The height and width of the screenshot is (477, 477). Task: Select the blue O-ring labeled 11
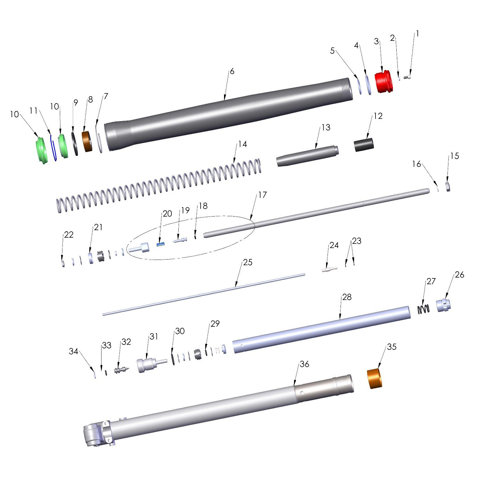[x=53, y=148]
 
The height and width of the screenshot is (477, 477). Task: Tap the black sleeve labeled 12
[x=364, y=145]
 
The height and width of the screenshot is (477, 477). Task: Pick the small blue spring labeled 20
[x=161, y=244]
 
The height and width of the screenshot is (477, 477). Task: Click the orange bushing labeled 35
[x=374, y=378]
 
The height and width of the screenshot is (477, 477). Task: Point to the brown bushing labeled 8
[x=87, y=142]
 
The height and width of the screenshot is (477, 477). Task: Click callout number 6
[x=232, y=71]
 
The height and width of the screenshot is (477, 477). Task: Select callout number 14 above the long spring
[x=243, y=144]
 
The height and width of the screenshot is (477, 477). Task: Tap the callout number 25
[x=248, y=262]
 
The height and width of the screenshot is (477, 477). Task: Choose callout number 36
[x=304, y=364]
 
